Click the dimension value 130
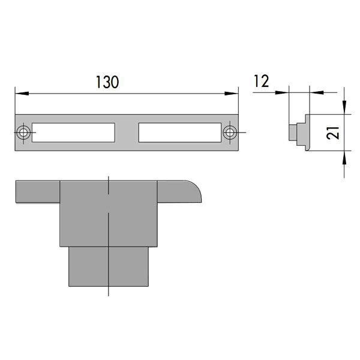pyautogui.click(x=107, y=83)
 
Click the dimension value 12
pyautogui.click(x=261, y=82)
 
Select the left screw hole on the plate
pyautogui.click(x=23, y=133)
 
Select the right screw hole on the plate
pyautogui.click(x=229, y=133)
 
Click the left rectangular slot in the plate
pyautogui.click(x=73, y=133)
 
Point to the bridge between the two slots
pyautogui.click(x=127, y=133)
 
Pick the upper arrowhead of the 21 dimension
pyautogui.click(x=344, y=109)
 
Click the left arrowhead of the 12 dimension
pyautogui.click(x=285, y=92)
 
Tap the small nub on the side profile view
pyautogui.click(x=293, y=132)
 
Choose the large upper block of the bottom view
pyautogui.click(x=109, y=213)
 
